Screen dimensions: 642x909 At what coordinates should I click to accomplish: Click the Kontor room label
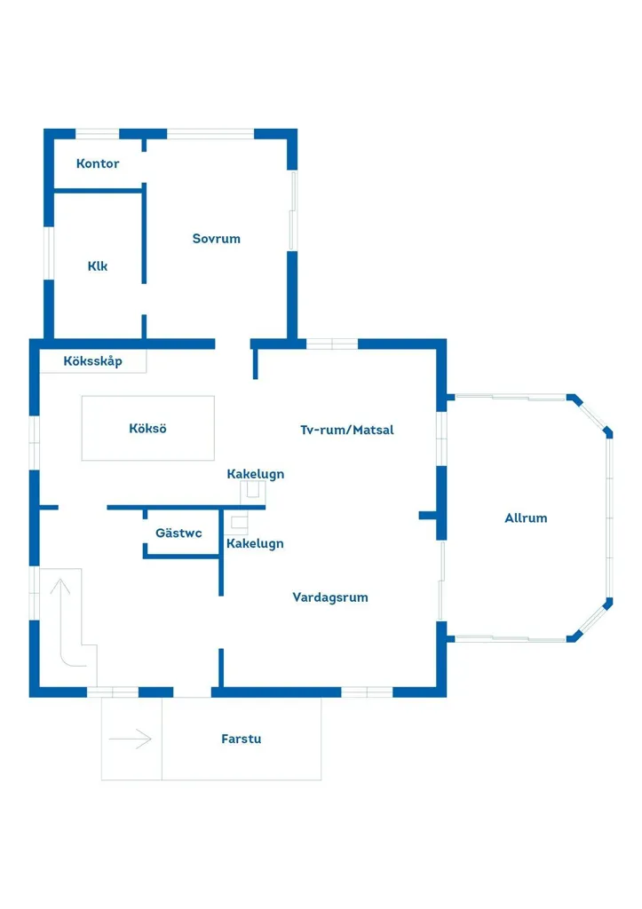[x=98, y=163]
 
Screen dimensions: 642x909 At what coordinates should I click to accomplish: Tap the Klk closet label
[x=98, y=266]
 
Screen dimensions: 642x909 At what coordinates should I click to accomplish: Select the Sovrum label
[x=217, y=238]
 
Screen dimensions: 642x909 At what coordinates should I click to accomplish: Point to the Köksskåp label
[x=92, y=361]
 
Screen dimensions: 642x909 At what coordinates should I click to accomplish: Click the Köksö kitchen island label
[x=148, y=429]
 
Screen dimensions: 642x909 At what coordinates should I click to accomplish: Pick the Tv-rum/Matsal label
[x=347, y=430]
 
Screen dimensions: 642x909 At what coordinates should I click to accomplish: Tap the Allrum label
[x=526, y=518]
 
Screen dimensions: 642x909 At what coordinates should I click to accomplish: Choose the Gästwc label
[x=178, y=533]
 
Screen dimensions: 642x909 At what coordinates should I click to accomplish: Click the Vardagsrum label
[x=330, y=597]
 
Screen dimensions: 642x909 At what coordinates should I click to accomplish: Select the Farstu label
[x=242, y=739]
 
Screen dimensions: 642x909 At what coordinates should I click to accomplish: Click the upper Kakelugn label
[x=256, y=474]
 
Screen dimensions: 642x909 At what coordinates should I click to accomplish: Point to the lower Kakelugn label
[x=255, y=544]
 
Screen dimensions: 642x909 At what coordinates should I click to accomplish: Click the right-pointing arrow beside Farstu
[x=130, y=739]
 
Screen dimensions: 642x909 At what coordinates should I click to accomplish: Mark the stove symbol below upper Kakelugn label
[x=253, y=494]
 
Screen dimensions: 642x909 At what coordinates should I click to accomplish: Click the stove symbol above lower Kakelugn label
[x=236, y=522]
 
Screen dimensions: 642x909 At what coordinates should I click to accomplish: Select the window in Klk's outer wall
[x=50, y=253]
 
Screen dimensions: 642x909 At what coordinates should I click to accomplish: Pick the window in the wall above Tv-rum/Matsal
[x=332, y=344]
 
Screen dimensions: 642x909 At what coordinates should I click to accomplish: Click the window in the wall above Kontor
[x=98, y=134]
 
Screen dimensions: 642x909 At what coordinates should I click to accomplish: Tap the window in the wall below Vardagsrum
[x=367, y=692]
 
